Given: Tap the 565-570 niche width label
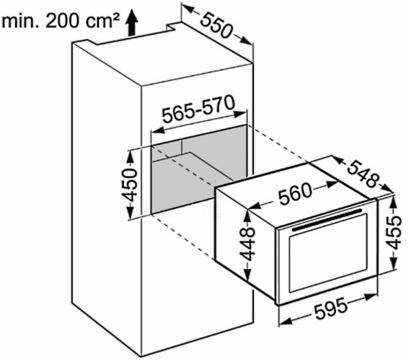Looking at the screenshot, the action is (x=198, y=109).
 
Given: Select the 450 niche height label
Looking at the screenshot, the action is (x=129, y=185).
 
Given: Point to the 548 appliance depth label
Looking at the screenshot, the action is (x=362, y=174).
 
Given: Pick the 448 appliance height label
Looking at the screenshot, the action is (x=247, y=244).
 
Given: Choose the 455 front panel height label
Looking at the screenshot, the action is (x=393, y=232).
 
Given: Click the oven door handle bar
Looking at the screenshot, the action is (x=327, y=220).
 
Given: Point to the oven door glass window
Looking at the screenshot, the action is (x=328, y=253).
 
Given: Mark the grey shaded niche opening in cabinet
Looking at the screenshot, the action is (x=198, y=169).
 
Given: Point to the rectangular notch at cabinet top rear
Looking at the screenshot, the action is (x=173, y=26).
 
